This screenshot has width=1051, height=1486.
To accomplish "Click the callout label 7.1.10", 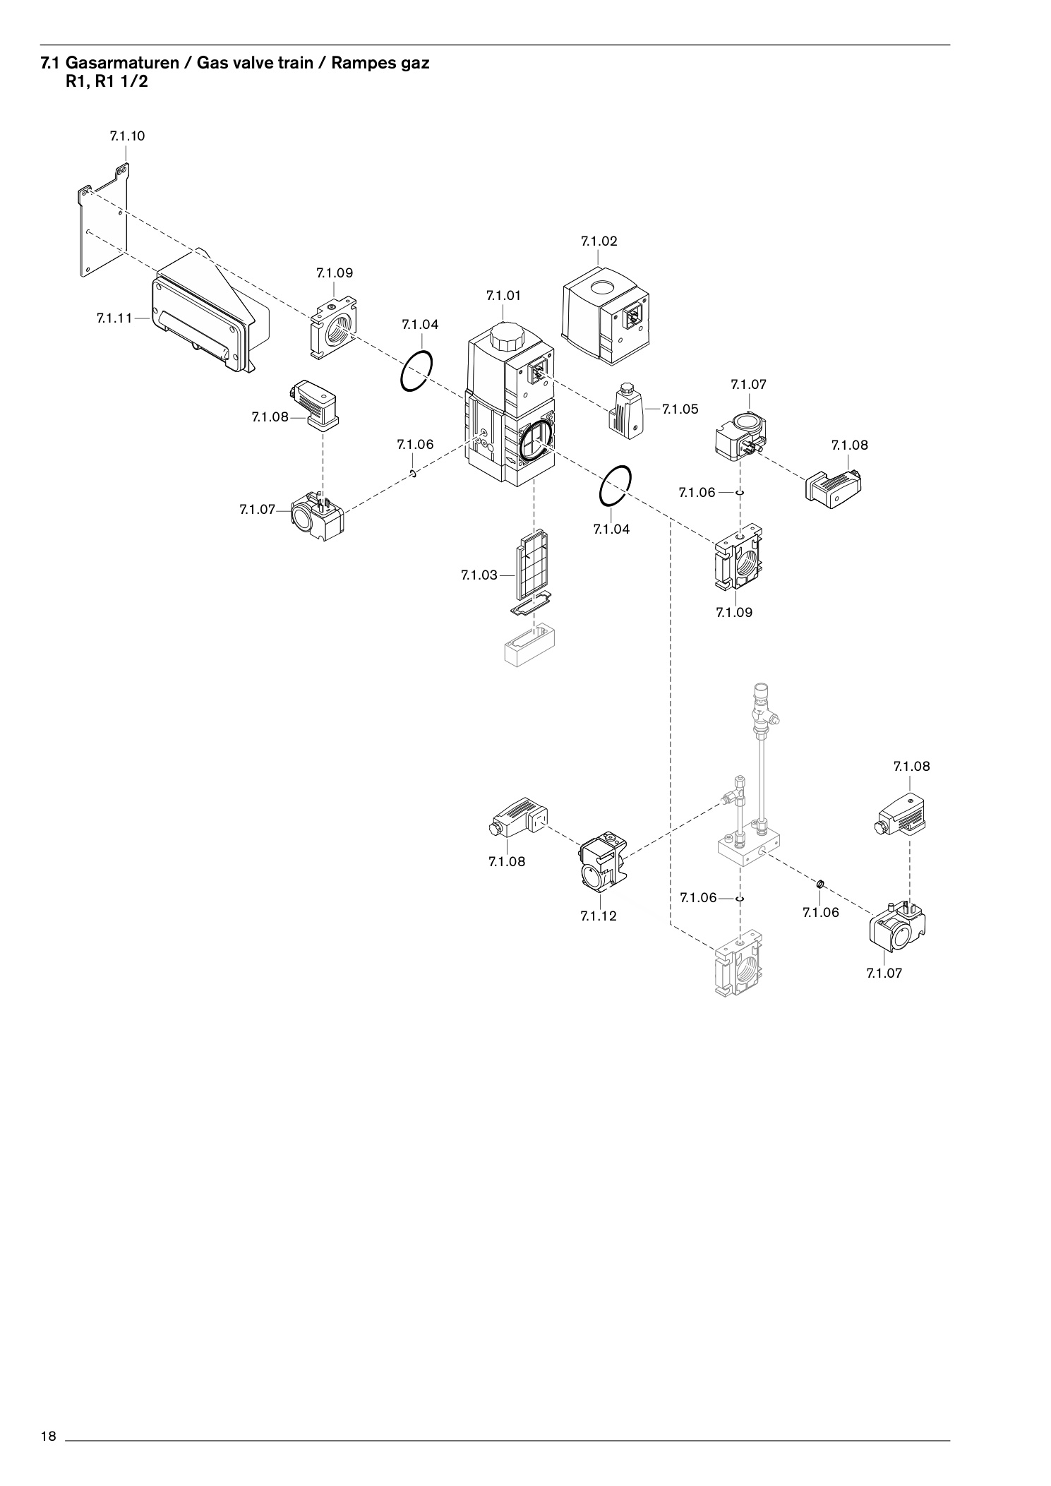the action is click(127, 136).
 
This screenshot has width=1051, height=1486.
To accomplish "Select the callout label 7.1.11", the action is click(114, 318).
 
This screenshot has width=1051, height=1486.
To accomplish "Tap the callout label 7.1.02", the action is click(599, 241).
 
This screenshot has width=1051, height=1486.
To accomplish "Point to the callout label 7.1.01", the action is click(503, 296).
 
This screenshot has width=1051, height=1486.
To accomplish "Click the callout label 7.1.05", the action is click(680, 409).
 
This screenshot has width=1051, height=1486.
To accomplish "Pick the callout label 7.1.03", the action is click(479, 575).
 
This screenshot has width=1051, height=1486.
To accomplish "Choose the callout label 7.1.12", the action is click(599, 916).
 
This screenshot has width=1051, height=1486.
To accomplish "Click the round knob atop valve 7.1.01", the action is click(504, 337).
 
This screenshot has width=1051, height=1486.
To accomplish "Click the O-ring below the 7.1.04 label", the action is click(615, 486).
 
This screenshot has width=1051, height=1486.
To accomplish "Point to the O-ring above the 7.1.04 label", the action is click(416, 370).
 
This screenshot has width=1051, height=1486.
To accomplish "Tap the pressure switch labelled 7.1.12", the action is click(603, 863).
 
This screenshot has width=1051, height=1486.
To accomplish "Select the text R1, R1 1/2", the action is click(107, 80).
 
